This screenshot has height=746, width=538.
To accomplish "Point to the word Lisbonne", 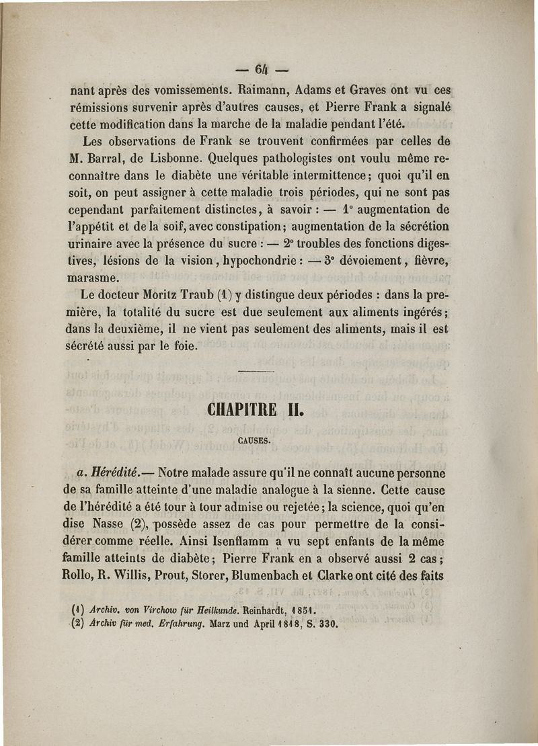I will [178, 161].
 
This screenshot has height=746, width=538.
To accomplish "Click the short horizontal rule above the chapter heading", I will [257, 372].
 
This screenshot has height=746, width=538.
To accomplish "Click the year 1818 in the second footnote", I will [288, 623].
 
